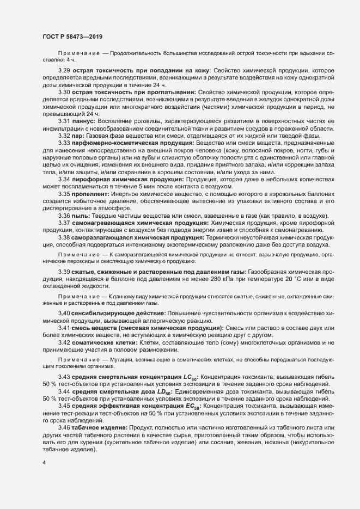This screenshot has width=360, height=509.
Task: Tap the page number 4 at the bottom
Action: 44,463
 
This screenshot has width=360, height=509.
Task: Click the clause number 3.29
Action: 64,71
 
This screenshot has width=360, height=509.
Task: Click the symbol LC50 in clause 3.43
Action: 187,378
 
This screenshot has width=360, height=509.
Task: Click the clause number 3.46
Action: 64,429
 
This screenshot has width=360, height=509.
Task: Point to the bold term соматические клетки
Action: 103,343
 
